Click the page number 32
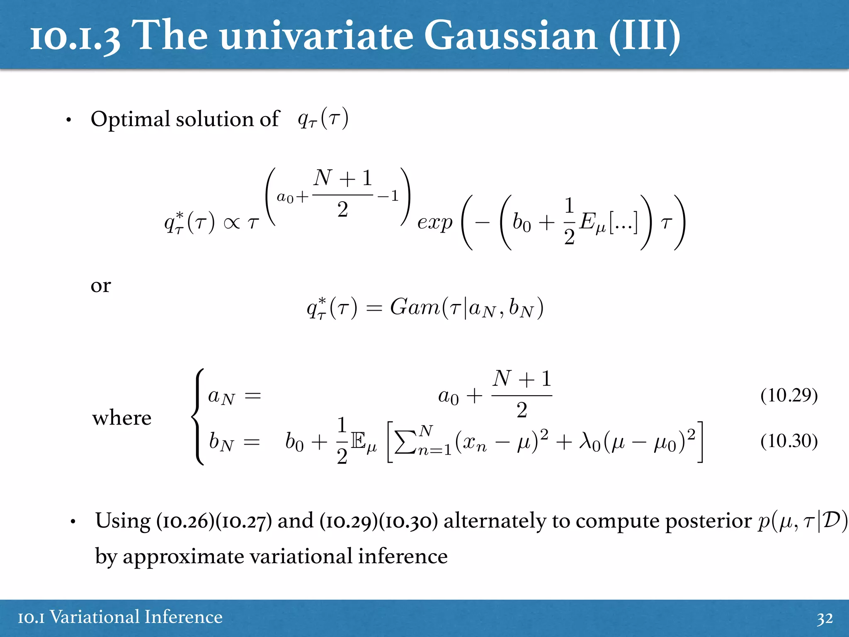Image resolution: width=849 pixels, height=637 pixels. pos(825,618)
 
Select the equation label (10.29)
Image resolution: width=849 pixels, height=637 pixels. pos(789,395)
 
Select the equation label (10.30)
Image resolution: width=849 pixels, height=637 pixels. pos(789,441)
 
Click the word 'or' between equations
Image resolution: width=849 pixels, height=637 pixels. pos(101,286)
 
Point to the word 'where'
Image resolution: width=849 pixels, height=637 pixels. pos(121,418)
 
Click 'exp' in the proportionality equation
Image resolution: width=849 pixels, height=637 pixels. pos(434,223)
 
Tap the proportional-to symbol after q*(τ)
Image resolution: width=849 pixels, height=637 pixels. pos(231,224)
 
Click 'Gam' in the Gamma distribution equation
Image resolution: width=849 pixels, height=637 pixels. pos(414,307)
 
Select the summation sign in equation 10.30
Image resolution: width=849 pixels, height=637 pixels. pos(405,442)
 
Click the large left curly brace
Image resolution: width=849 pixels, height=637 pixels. pos(198,417)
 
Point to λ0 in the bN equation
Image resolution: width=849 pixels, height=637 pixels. pos(589,441)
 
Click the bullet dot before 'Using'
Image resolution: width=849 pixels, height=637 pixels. pos(73,522)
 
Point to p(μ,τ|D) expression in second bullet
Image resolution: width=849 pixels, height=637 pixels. pos(803,521)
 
